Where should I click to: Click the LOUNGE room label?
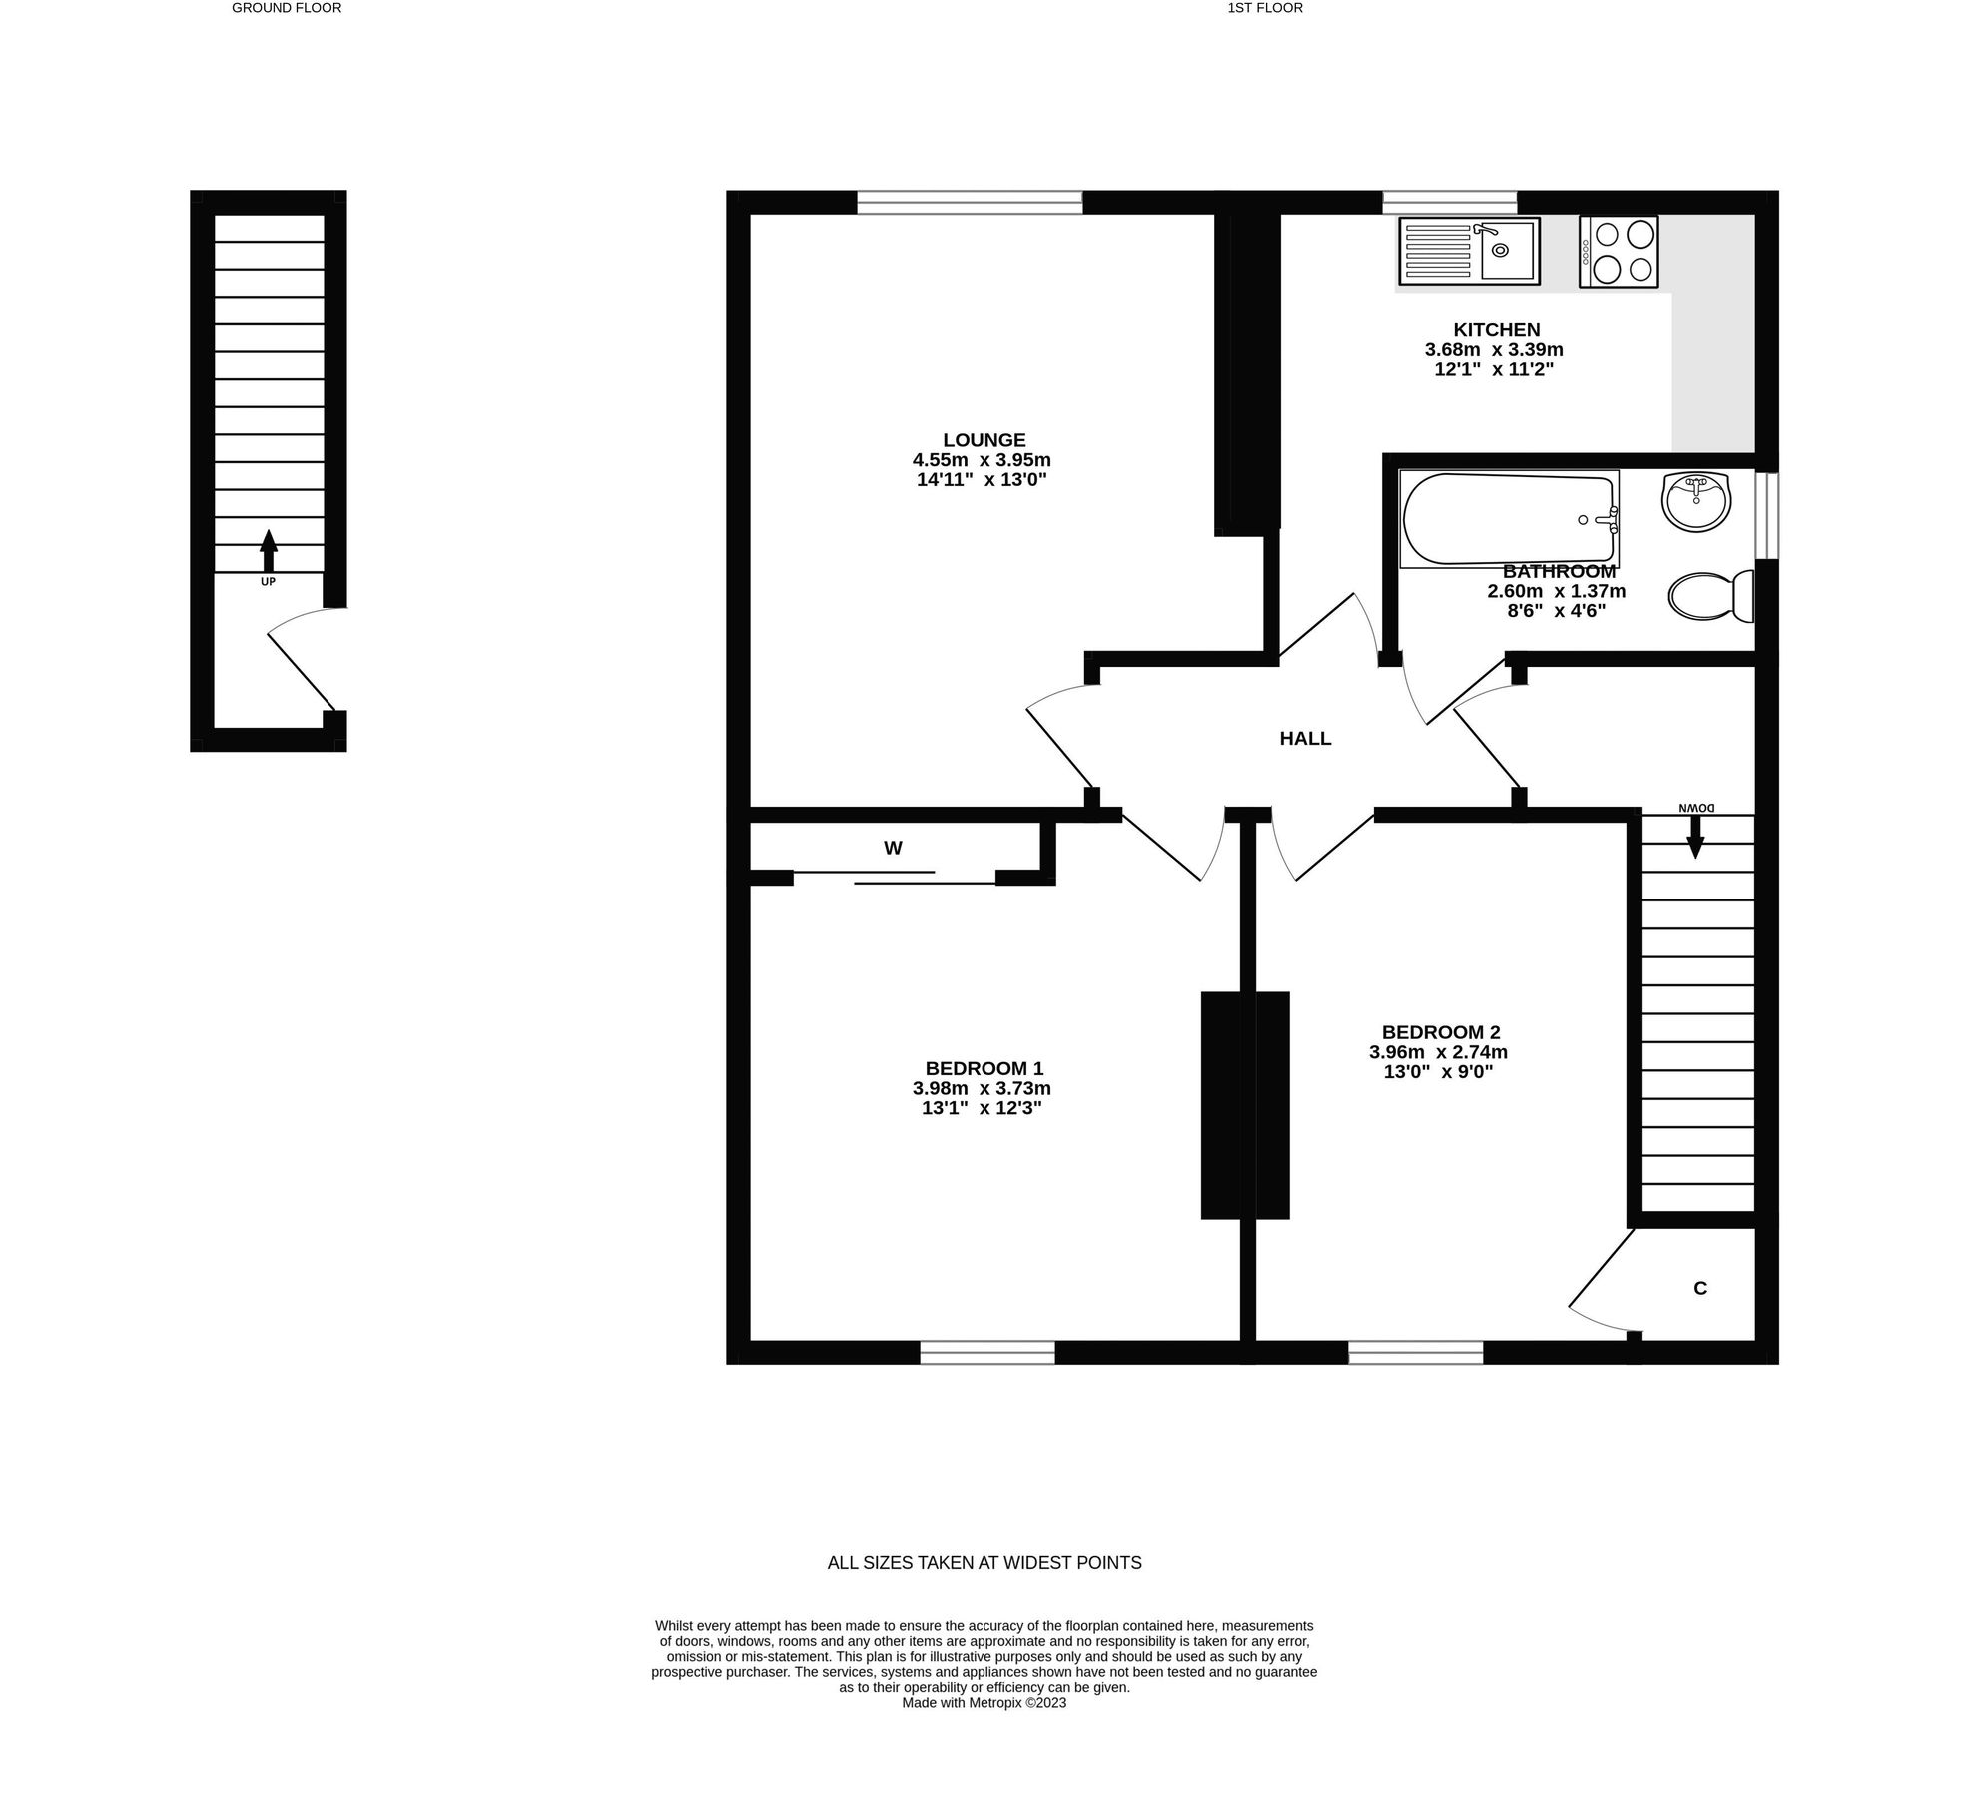tap(984, 440)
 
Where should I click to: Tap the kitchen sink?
tap(1468, 251)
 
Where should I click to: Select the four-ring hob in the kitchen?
tap(1619, 252)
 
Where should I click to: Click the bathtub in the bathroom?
tap(1508, 519)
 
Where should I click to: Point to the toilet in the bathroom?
tap(1710, 596)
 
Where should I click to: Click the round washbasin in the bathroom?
tap(1695, 501)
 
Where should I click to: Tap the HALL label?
tap(1305, 739)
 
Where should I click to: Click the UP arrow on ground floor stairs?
tap(268, 552)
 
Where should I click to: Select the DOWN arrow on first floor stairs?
tap(1695, 837)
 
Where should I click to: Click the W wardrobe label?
tap(893, 849)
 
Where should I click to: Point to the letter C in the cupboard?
tap(1700, 1289)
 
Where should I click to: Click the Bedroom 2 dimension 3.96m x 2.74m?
tap(1438, 1052)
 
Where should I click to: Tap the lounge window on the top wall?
tap(969, 203)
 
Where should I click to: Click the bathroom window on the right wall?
tap(1766, 515)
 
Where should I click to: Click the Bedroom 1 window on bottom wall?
tap(986, 1353)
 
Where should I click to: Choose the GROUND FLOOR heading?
tap(287, 8)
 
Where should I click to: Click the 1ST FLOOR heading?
tap(1265, 8)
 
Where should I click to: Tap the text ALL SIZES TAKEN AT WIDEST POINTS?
tap(984, 1563)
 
